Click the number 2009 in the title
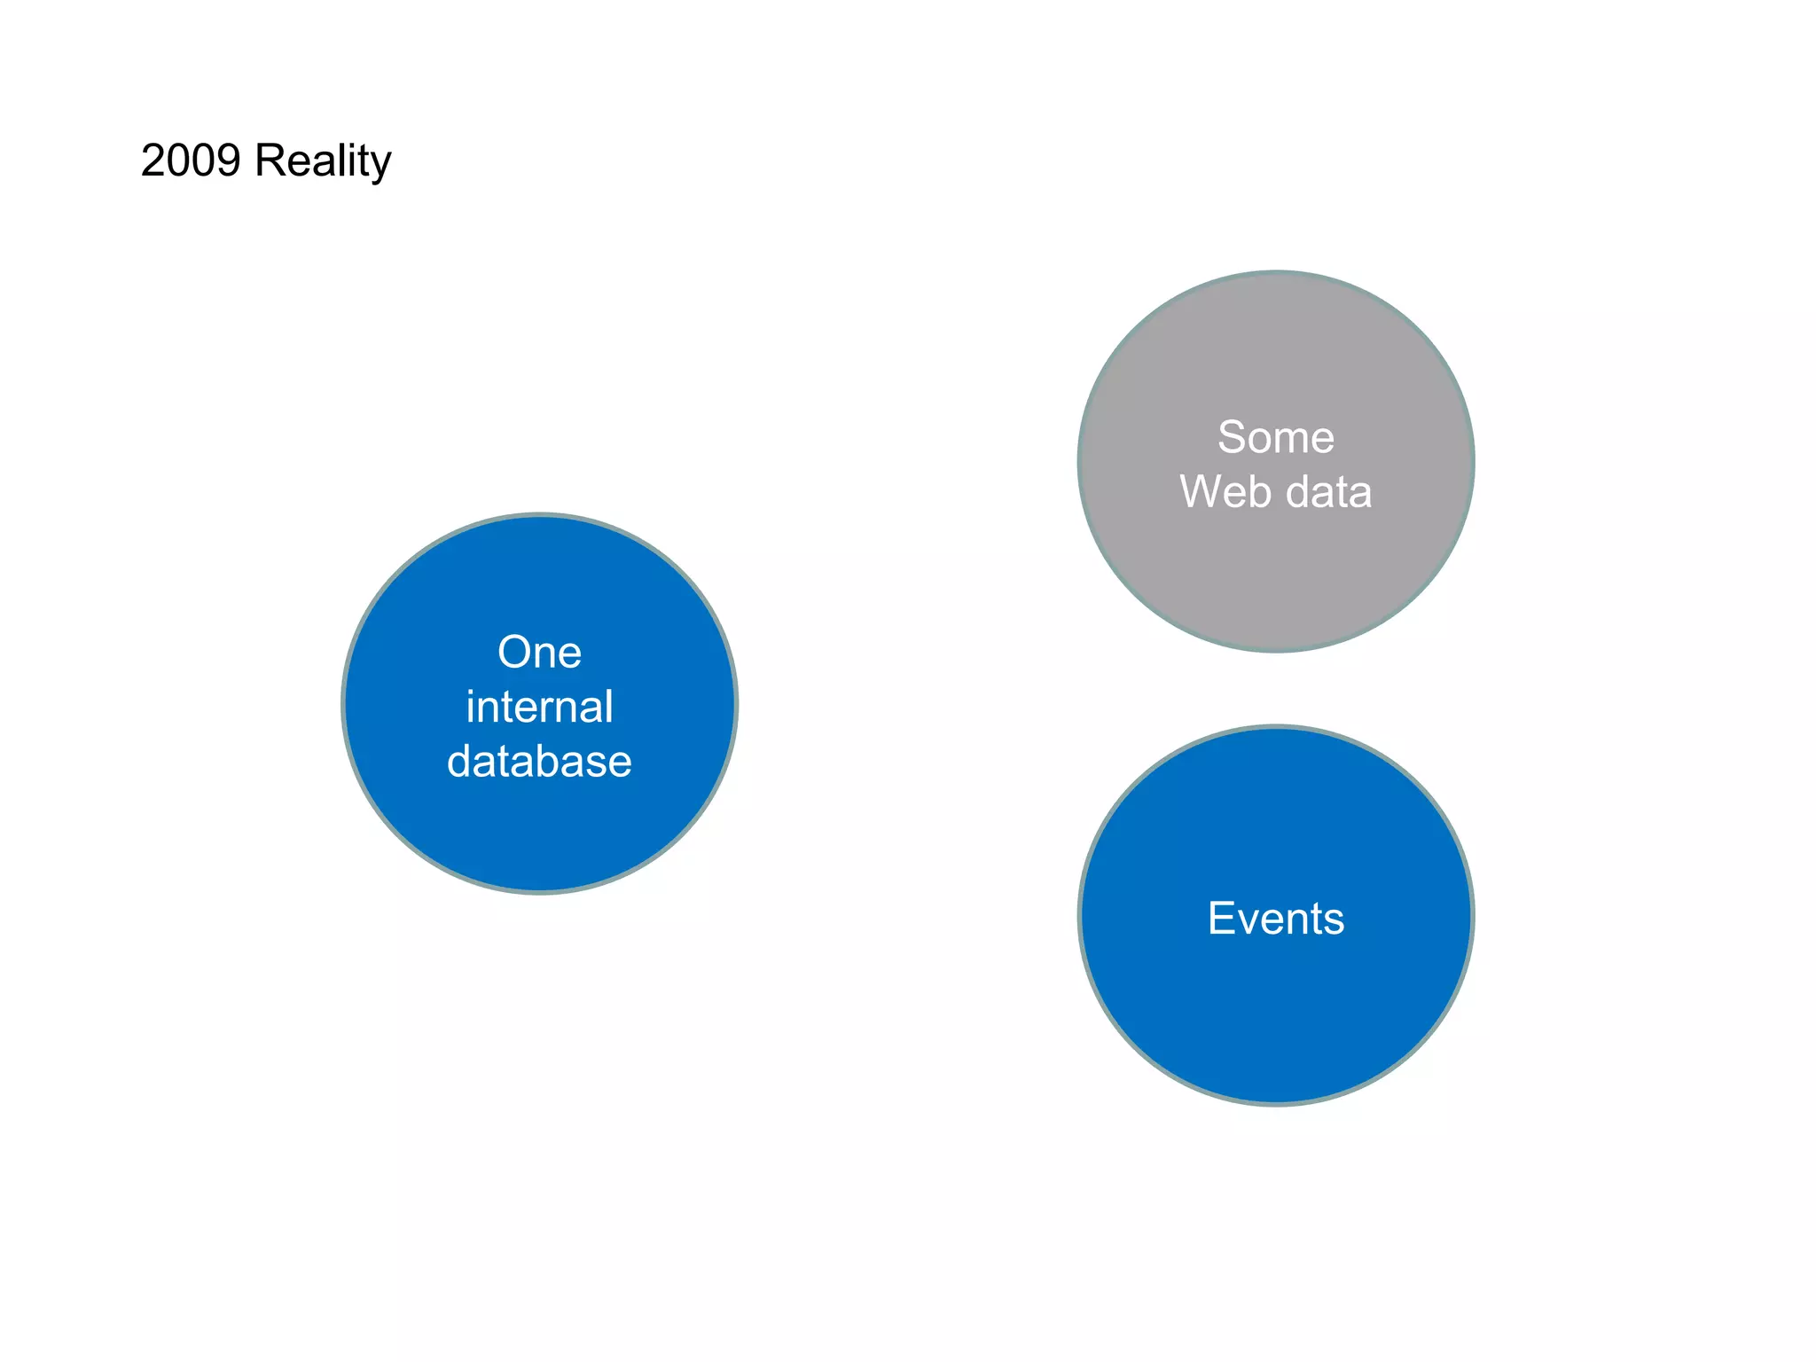pyautogui.click(x=191, y=161)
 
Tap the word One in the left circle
pyautogui.click(x=539, y=653)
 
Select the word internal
pyautogui.click(x=539, y=708)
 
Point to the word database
pyautogui.click(x=539, y=762)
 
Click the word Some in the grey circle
pyautogui.click(x=1275, y=437)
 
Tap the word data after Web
pyautogui.click(x=1329, y=492)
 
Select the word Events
pyautogui.click(x=1275, y=919)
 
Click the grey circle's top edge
pyautogui.click(x=1276, y=272)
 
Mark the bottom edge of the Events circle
pyautogui.click(x=1276, y=1104)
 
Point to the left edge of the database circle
pyautogui.click(x=344, y=704)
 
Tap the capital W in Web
pyautogui.click(x=1202, y=492)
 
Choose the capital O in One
pyautogui.click(x=514, y=653)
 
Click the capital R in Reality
pyautogui.click(x=270, y=161)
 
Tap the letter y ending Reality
pyautogui.click(x=381, y=165)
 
